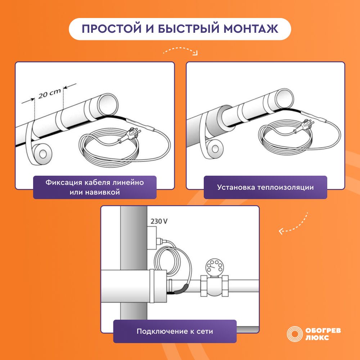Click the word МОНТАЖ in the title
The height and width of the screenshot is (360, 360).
[251, 29]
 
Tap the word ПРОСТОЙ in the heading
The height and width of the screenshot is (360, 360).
[112, 29]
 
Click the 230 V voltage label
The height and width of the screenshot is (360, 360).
[159, 221]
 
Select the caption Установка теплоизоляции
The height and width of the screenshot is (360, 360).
[265, 187]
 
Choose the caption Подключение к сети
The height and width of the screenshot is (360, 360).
[175, 331]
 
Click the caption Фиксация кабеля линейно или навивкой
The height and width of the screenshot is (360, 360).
[95, 187]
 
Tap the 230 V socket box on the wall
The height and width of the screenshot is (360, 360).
[152, 238]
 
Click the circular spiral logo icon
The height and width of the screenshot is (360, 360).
[294, 334]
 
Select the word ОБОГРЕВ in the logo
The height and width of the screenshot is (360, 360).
[323, 330]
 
